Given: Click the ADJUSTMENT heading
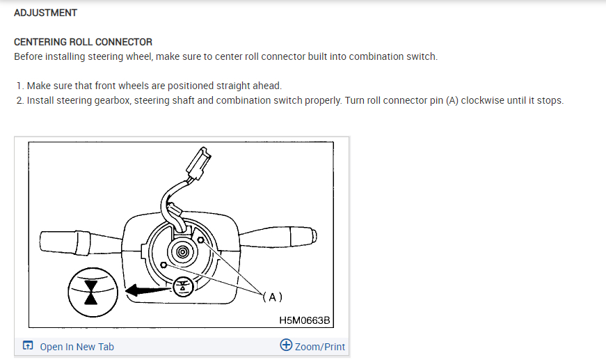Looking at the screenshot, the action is click(x=46, y=13).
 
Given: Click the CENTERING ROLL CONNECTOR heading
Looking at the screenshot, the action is click(x=83, y=42).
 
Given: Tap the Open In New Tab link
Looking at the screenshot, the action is click(x=77, y=347).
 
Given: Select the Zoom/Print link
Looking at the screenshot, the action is click(x=319, y=347).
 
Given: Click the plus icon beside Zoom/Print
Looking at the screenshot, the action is click(x=286, y=345).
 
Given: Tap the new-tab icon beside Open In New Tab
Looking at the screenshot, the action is click(x=28, y=346).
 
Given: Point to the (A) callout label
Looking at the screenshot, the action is click(x=272, y=297).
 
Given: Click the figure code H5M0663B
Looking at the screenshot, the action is click(x=304, y=320).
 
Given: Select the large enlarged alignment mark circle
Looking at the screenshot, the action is click(x=90, y=289).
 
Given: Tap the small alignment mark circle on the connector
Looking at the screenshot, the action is click(x=183, y=286).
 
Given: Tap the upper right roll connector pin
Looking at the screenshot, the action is click(x=201, y=240).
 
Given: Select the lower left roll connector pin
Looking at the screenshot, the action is click(x=163, y=265).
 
